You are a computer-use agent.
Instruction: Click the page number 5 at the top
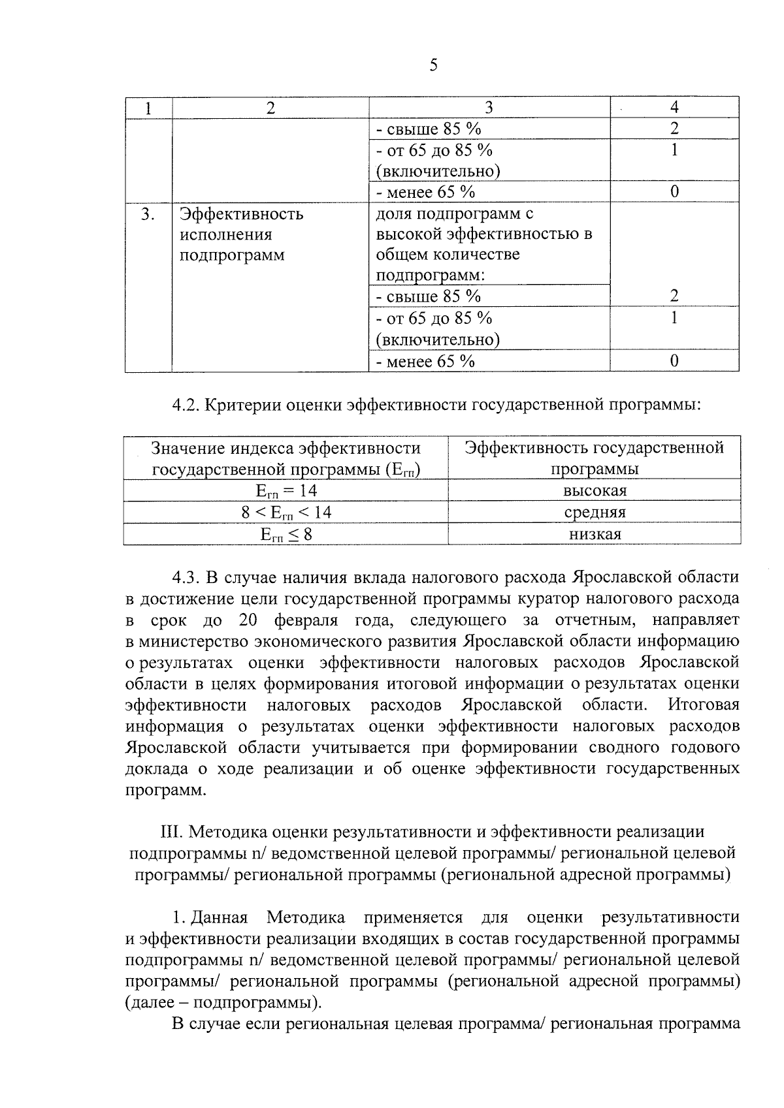(433, 65)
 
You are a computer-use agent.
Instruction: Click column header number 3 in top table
(489, 108)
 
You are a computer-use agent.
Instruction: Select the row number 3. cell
(148, 214)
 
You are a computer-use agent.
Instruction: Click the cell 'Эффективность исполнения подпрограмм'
(241, 234)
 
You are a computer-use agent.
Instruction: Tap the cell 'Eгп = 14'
(286, 491)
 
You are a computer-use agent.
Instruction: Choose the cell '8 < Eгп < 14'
(286, 513)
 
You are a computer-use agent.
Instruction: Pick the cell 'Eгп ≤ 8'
(286, 534)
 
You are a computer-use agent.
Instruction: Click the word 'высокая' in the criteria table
(595, 491)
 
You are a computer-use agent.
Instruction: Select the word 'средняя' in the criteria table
(595, 513)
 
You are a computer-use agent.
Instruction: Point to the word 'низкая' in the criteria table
(595, 534)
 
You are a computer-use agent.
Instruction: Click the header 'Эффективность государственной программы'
(595, 458)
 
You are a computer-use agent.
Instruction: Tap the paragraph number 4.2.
(186, 405)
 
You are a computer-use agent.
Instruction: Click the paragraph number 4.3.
(186, 577)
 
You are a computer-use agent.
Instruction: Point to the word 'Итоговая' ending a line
(703, 705)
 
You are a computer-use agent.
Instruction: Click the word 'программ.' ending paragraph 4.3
(165, 790)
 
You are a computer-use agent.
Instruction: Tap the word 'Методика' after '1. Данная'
(306, 917)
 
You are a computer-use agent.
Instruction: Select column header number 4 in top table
(674, 108)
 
